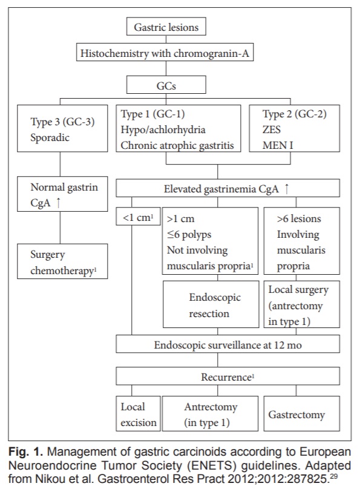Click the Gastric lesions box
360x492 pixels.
pyautogui.click(x=166, y=27)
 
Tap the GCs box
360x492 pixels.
pyautogui.click(x=166, y=85)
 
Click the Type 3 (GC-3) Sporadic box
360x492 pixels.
pyautogui.click(x=62, y=129)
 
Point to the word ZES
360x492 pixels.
pyautogui.click(x=272, y=130)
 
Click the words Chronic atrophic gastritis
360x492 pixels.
pyautogui.click(x=177, y=146)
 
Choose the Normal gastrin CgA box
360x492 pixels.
pyautogui.click(x=62, y=194)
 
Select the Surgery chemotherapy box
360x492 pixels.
pyautogui.click(x=62, y=261)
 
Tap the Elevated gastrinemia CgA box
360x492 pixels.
pyautogui.click(x=227, y=188)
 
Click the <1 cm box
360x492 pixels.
pyautogui.click(x=138, y=216)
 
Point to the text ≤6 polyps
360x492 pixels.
pyautogui.click(x=189, y=234)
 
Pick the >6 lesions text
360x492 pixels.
pyautogui.click(x=299, y=218)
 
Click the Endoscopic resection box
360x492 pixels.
pyautogui.click(x=211, y=304)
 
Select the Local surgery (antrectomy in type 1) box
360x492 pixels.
pyautogui.click(x=302, y=304)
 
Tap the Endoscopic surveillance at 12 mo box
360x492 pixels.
pyautogui.click(x=227, y=344)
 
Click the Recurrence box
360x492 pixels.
pyautogui.click(x=227, y=376)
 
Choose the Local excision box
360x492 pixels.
pyautogui.click(x=138, y=413)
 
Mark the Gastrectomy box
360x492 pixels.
pyautogui.click(x=302, y=413)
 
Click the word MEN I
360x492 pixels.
pyautogui.click(x=278, y=146)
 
